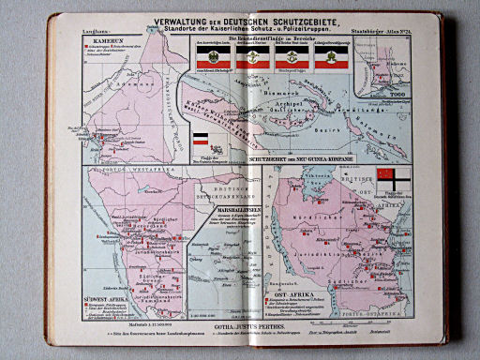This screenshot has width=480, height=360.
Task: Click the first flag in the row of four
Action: coord(205,57)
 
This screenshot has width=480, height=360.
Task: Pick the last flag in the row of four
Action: coord(328,57)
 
